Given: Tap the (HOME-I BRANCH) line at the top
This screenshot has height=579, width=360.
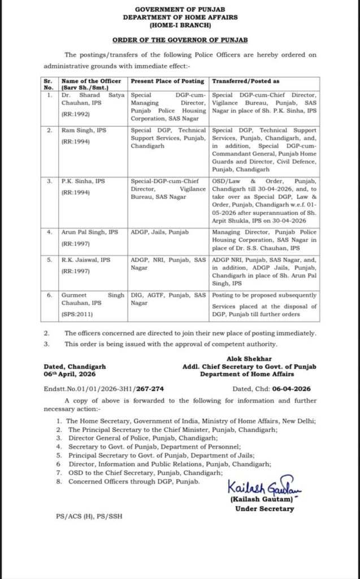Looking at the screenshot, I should (x=180, y=26).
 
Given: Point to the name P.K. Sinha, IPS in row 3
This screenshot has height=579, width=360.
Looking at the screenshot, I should (x=82, y=181).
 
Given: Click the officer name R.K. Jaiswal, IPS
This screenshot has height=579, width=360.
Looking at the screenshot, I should (x=85, y=260).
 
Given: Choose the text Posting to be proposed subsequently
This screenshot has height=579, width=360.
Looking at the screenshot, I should (x=263, y=295).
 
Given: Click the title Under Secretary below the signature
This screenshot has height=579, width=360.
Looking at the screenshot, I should (x=264, y=508).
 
